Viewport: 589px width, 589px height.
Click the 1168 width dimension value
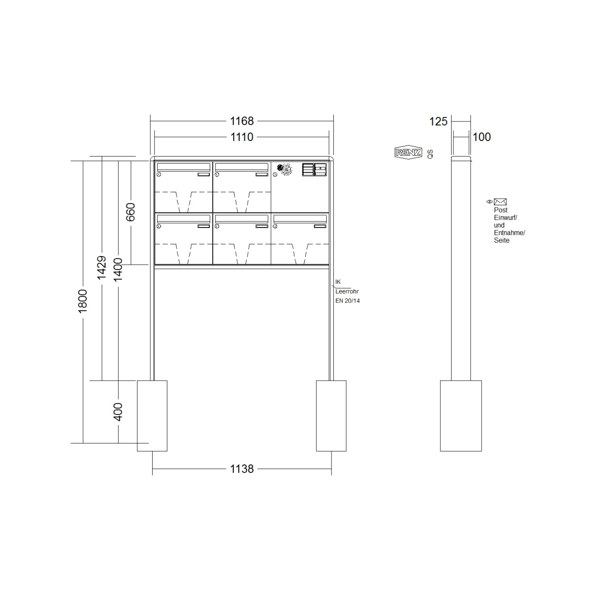[x=241, y=121]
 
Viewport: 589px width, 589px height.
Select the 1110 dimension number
[x=241, y=137]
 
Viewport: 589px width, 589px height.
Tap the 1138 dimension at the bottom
[x=241, y=469]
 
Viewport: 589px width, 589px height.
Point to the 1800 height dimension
[x=83, y=301]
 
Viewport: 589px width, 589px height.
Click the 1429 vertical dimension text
[x=102, y=268]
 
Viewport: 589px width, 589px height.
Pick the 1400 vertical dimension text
[x=118, y=270]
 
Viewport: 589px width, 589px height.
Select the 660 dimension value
[x=130, y=212]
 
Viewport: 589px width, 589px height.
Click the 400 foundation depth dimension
[x=118, y=411]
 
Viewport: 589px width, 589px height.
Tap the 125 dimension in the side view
[x=438, y=121]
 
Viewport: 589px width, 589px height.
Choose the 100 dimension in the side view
[x=481, y=137]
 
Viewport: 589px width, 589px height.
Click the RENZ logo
[x=408, y=153]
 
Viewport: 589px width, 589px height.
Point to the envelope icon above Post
[x=500, y=202]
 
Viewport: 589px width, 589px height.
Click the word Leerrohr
[x=347, y=291]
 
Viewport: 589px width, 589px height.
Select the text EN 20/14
[x=348, y=301]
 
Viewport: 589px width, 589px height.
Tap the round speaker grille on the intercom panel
[x=284, y=170]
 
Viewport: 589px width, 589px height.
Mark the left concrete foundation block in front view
[x=152, y=415]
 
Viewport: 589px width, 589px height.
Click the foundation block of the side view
[x=460, y=415]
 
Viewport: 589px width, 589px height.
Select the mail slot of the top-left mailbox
[x=183, y=167]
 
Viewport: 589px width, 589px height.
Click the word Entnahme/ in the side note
[x=509, y=233]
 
